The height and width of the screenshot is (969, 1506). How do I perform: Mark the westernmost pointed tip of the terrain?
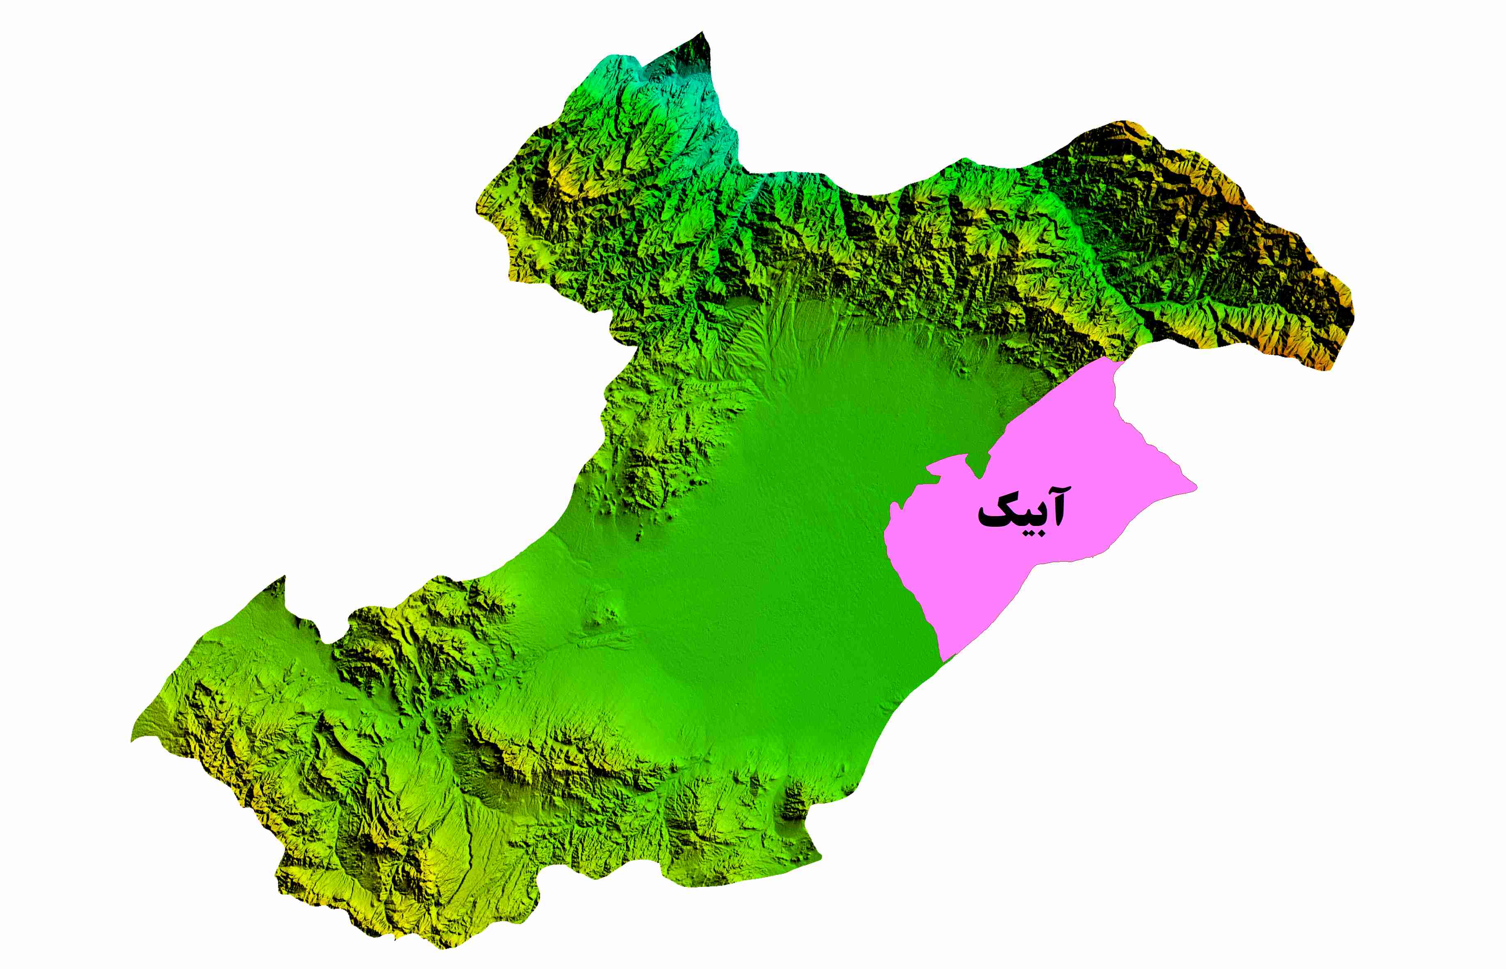pos(132,740)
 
